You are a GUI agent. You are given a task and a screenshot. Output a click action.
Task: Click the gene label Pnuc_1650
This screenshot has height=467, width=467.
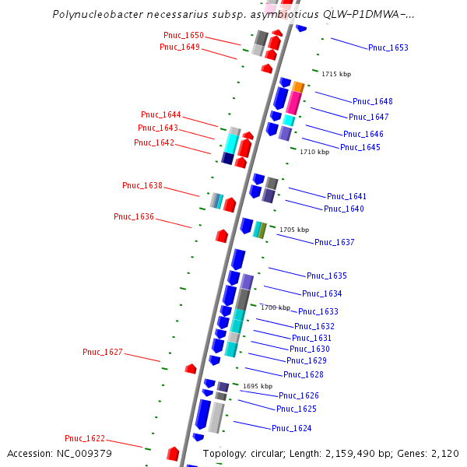point(184,35)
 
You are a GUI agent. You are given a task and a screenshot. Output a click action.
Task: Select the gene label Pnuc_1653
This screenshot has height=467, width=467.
point(388,48)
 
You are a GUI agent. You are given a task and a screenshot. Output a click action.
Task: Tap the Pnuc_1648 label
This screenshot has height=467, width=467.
point(373,101)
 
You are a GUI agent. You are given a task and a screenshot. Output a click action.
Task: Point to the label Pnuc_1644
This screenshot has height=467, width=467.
point(161,115)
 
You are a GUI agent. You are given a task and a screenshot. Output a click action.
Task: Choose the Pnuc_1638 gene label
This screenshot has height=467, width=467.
point(142,185)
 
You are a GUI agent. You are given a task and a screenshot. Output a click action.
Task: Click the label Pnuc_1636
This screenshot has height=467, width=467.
point(134,216)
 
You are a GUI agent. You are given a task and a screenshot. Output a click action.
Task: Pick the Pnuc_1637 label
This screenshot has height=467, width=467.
point(335,243)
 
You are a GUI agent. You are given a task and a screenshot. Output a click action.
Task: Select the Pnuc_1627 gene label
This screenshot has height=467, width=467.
point(103,353)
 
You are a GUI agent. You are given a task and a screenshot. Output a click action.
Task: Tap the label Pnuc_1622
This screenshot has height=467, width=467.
point(85,439)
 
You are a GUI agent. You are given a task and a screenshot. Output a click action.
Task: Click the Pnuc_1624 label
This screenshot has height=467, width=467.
point(292,429)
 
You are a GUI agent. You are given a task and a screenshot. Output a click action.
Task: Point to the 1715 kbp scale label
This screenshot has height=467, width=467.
point(336,74)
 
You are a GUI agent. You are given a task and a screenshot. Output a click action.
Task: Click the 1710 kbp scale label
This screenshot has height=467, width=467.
point(314,153)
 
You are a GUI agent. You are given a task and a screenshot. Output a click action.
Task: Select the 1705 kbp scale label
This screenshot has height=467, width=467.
point(294,230)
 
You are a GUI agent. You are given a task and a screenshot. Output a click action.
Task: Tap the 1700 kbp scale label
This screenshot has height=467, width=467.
point(275,307)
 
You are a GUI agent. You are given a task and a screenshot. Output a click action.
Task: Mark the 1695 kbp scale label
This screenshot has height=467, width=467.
point(258,386)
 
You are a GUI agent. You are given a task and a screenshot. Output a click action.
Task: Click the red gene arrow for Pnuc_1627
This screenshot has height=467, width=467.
point(190,368)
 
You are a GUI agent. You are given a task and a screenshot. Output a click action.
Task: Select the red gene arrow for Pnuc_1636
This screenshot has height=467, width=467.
point(222,235)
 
